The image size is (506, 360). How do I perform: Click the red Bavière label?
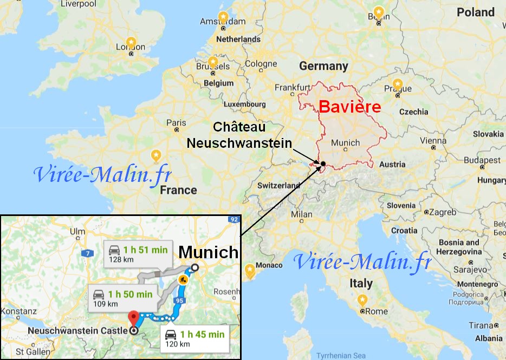(349, 107)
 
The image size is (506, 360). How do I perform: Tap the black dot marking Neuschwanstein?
(323, 163)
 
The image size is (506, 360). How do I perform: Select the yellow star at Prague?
(398, 84)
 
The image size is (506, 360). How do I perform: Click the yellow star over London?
(131, 41)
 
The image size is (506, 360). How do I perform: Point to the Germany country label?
(323, 66)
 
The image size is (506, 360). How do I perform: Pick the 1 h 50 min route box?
(124, 298)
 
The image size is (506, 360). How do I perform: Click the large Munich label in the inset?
(209, 252)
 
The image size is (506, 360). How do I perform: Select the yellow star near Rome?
(362, 300)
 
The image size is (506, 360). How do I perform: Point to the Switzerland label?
(278, 185)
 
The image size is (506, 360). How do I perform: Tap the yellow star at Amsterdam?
(222, 16)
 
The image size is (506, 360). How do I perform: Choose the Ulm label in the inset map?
(78, 232)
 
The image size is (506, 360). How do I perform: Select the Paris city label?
(176, 123)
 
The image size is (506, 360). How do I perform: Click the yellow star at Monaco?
(250, 269)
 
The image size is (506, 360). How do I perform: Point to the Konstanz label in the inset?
(18, 312)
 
